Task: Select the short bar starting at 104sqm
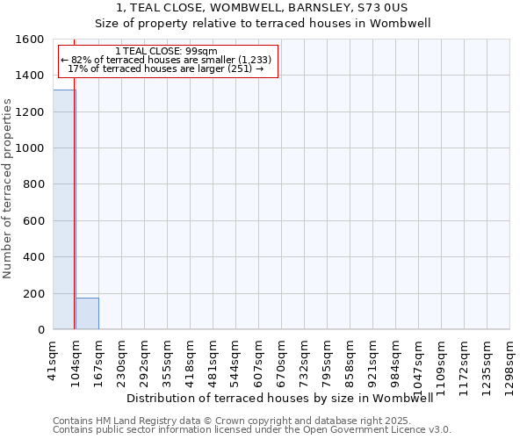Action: click(x=87, y=313)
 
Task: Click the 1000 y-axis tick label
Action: click(x=30, y=148)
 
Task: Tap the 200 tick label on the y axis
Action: click(x=34, y=293)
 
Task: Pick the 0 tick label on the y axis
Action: click(x=40, y=330)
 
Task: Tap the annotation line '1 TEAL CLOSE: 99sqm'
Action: click(x=166, y=51)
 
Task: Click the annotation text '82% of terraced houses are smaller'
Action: click(x=166, y=60)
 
